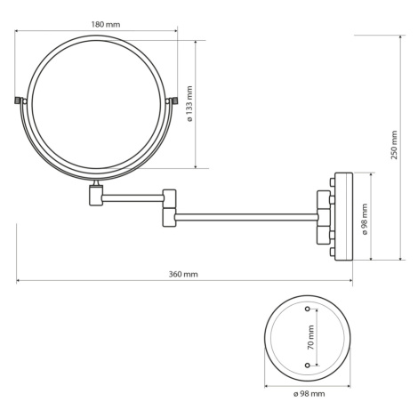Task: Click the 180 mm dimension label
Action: (106, 24)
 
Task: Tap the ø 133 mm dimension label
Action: (189, 104)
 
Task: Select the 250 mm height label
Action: (394, 145)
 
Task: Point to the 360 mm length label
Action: (183, 274)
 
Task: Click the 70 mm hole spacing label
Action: (310, 337)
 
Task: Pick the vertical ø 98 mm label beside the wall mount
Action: (365, 219)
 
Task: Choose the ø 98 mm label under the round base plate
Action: (309, 394)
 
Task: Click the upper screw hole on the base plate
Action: (308, 309)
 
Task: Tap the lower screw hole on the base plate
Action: (308, 365)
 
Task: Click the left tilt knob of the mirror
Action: (19, 100)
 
